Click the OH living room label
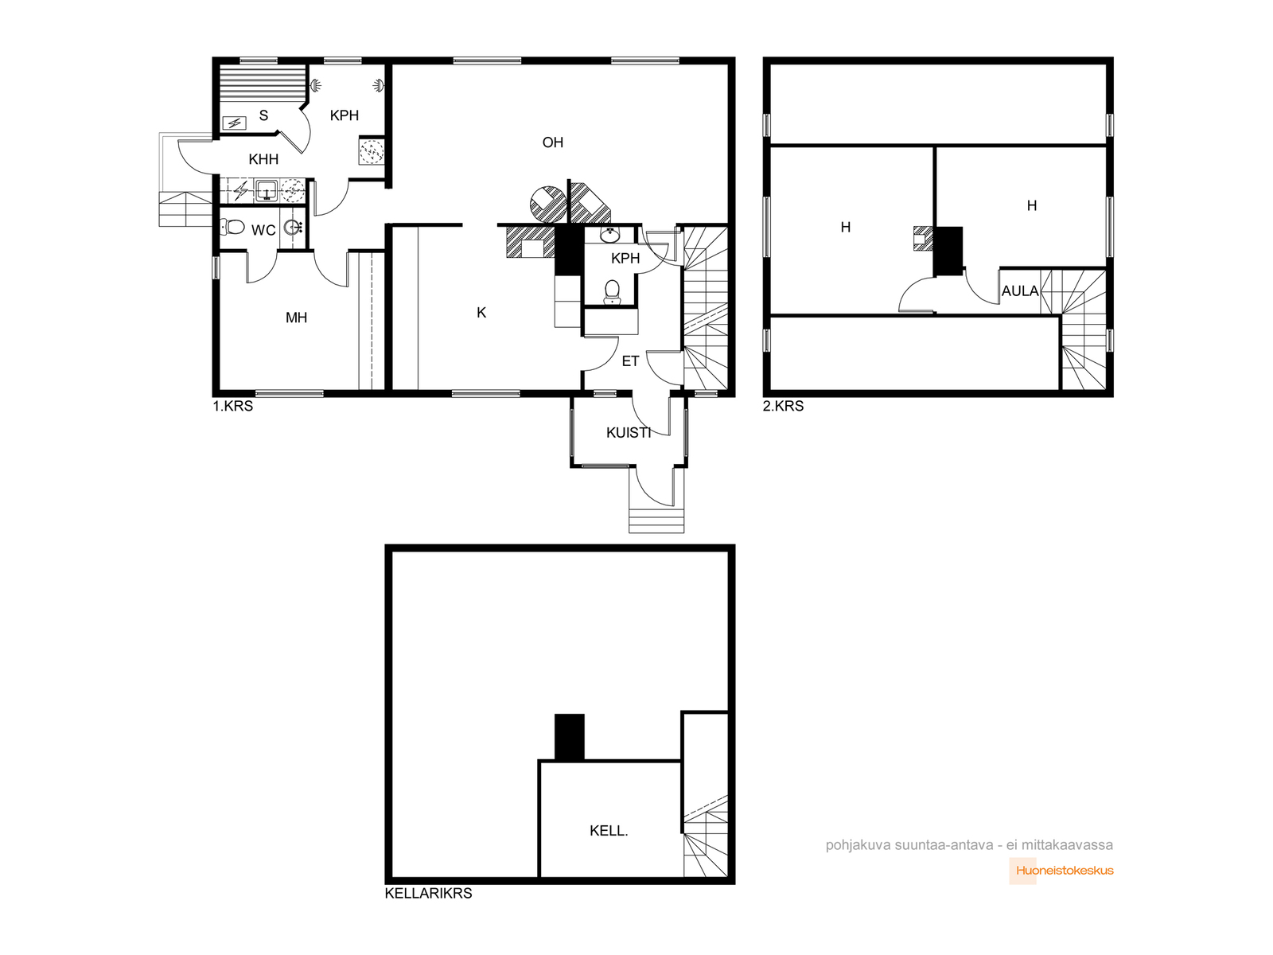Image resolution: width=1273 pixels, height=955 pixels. pos(553,142)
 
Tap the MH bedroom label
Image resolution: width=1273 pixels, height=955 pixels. pos(296,318)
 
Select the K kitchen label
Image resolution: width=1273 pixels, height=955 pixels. pos(481,313)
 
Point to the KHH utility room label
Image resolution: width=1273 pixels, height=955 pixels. pos(263,159)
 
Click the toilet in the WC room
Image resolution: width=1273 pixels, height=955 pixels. pos(232,227)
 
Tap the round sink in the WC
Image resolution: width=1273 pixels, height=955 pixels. pos(294,228)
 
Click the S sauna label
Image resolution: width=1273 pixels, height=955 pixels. pos(264,116)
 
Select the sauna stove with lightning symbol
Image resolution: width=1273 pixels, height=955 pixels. pos(234,123)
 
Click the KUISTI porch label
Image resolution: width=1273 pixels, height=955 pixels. pos(629,433)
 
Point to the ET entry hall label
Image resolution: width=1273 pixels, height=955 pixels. pos(630,362)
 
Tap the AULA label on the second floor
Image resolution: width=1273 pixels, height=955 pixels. pos(1020,291)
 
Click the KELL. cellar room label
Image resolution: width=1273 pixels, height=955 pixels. pos(609,831)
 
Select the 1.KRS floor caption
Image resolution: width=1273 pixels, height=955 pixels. pos(233,406)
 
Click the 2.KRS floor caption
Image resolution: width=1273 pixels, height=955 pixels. pos(784,406)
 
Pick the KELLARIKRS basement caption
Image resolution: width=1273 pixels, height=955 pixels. pos(429,894)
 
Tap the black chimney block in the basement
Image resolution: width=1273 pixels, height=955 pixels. pos(570,736)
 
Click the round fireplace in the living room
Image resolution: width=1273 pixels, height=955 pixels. pos(548,204)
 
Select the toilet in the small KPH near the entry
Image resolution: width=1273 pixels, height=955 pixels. pos(612,291)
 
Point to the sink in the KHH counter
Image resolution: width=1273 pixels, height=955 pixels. pos(267,191)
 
